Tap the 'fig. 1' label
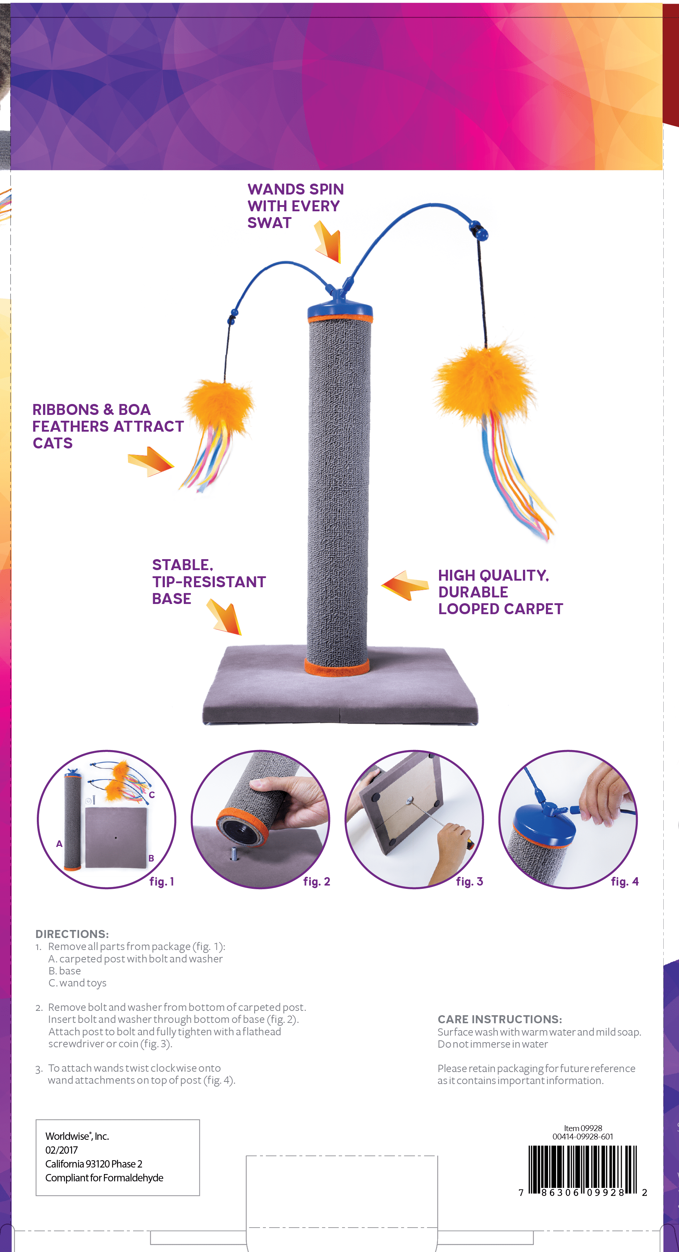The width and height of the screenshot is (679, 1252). pyautogui.click(x=162, y=882)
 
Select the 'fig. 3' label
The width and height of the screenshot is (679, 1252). pyautogui.click(x=469, y=882)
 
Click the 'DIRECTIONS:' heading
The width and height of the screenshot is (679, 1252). pyautogui.click(x=72, y=934)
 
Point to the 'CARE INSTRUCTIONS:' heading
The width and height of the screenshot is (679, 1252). pyautogui.click(x=500, y=1019)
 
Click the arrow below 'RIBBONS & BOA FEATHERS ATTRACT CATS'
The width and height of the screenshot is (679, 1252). pyautogui.click(x=151, y=462)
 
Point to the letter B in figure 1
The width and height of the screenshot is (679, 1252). pyautogui.click(x=151, y=858)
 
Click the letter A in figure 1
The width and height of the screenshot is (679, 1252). pyautogui.click(x=59, y=844)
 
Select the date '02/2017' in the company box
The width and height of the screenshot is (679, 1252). pyautogui.click(x=62, y=1150)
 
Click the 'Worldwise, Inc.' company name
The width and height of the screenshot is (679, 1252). pyautogui.click(x=77, y=1136)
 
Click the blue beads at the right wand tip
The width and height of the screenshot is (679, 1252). pyautogui.click(x=479, y=231)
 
